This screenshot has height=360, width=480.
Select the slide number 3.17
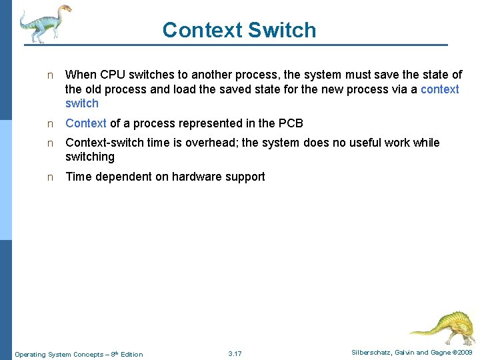pos(235,353)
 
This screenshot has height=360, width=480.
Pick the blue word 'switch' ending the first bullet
pos(82,103)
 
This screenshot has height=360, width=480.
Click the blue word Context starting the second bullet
pos(86,123)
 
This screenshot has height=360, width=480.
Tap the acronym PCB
pos(291,123)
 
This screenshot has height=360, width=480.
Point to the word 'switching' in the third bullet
pos(90,157)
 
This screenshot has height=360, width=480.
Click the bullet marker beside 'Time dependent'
pos(49,177)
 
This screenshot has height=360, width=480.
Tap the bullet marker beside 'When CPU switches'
pos(49,75)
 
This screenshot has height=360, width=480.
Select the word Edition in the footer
pos(131,354)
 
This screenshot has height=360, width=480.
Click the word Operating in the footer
pos(29,354)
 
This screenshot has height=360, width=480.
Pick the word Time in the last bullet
pos(78,177)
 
